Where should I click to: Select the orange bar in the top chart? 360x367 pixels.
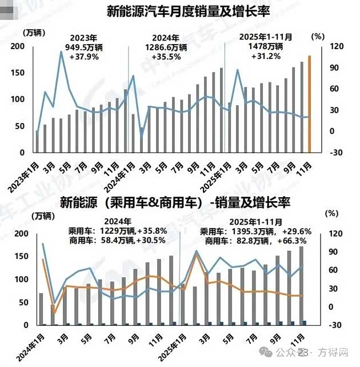point(310,104)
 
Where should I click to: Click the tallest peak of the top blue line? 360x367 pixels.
point(61,52)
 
